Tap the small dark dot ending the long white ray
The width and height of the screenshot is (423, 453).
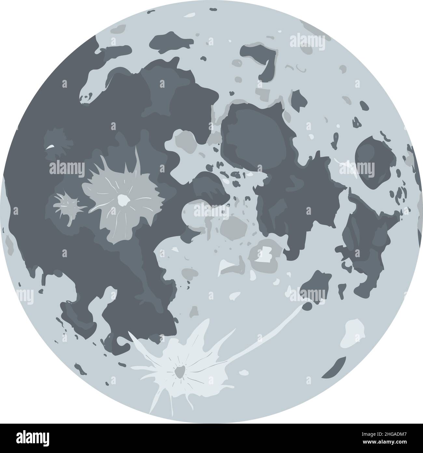click(x=307, y=306)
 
